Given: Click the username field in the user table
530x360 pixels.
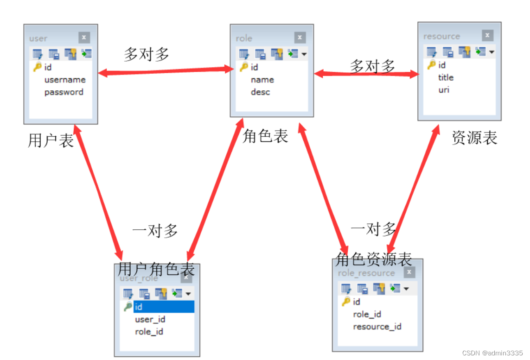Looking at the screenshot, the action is pos(65,80).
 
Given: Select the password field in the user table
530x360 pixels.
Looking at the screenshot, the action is pos(64,92).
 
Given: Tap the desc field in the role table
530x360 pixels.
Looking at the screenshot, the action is pos(260,92).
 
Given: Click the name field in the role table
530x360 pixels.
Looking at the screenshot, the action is pos(262,80).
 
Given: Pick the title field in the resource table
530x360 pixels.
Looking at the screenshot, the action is pos(446,77).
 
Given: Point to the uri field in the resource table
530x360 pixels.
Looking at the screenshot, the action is pos(444,90).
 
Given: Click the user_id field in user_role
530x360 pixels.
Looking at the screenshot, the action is pos(150,319).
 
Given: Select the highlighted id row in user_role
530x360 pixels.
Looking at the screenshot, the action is pos(163,307).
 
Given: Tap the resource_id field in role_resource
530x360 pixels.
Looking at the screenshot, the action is pos(377,327).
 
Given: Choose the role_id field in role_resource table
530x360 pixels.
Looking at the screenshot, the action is pos(367,314).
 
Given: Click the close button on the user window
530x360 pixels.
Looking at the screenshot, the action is pos(84,38).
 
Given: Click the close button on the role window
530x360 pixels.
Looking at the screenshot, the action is pos(300,38).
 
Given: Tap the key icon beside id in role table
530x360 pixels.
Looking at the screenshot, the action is pos(244,67).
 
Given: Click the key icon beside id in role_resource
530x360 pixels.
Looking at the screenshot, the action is pos(346,302).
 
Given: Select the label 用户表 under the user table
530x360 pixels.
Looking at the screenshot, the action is pos(51,140).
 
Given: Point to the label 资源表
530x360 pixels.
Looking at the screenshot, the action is pos(474,138).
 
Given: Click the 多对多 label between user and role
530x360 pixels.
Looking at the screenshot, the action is pos(146,55).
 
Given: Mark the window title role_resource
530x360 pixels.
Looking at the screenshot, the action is pos(366,273).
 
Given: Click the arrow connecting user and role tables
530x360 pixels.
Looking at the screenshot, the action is pos(166,71).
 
